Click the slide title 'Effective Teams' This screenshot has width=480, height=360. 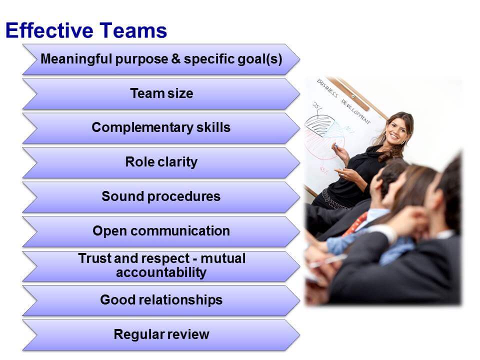pyautogui.click(x=86, y=31)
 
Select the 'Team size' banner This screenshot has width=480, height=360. pyautogui.click(x=161, y=93)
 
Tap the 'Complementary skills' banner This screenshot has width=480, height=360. pyautogui.click(x=161, y=127)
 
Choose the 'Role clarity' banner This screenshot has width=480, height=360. pyautogui.click(x=161, y=162)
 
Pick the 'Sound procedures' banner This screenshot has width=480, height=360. pyautogui.click(x=161, y=196)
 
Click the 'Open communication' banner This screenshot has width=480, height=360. pyautogui.click(x=161, y=231)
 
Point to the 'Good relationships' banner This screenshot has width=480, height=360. pyautogui.click(x=161, y=300)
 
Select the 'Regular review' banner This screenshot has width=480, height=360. pyautogui.click(x=161, y=334)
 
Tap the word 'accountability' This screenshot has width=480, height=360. pyautogui.click(x=161, y=272)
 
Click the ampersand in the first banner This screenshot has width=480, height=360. pyautogui.click(x=175, y=59)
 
